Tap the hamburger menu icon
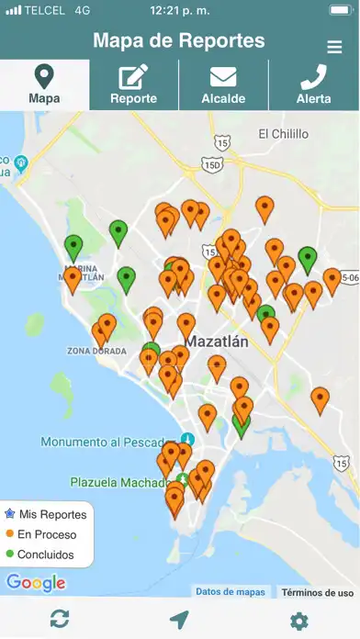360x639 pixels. click(334, 47)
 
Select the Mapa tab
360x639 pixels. click(44, 85)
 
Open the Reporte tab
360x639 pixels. click(133, 85)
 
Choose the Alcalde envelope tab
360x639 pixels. click(223, 85)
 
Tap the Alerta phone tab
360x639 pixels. click(314, 85)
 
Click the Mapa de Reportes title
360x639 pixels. click(179, 41)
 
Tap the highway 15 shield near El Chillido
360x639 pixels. click(220, 141)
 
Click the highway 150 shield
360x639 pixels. click(213, 164)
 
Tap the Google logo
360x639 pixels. click(36, 582)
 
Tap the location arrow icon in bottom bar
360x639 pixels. click(179, 620)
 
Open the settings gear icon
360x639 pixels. click(298, 621)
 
